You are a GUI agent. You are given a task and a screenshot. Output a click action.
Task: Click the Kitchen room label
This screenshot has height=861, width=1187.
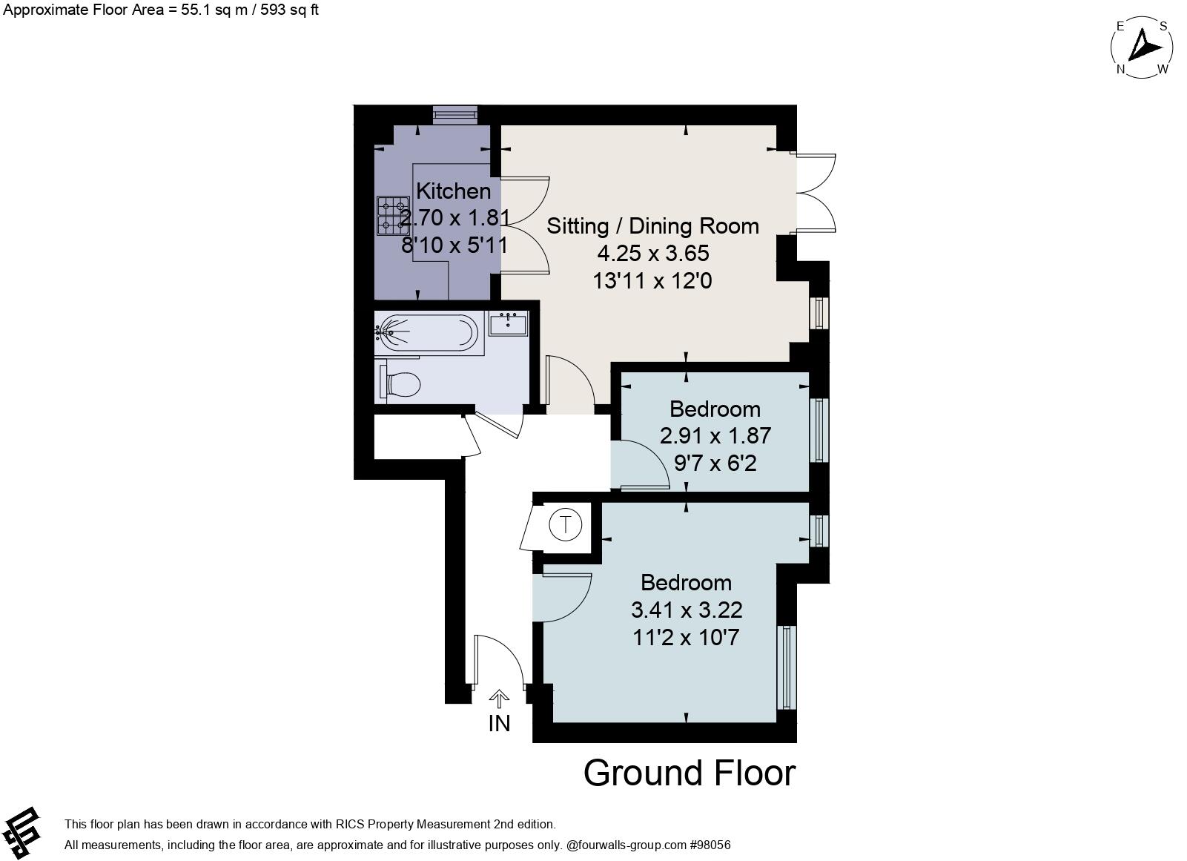pos(453,191)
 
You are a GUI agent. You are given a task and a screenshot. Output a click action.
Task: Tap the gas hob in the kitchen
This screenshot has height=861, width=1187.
pos(393,215)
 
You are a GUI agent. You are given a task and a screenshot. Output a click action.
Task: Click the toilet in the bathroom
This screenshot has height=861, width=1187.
pos(401,384)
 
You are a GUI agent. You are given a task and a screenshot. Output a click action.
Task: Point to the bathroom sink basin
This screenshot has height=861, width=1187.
pos(509,323)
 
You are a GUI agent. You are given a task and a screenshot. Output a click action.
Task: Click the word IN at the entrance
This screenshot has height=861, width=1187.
pos(499,723)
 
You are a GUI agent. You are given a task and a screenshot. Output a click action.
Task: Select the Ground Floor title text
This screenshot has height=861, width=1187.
pos(689,773)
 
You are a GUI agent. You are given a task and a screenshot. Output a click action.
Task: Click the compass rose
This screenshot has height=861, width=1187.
pos(1142,47)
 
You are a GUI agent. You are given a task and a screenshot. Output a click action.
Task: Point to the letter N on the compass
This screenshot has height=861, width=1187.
pos(1121,70)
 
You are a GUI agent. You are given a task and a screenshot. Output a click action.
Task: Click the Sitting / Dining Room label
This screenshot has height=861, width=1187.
pos(652,226)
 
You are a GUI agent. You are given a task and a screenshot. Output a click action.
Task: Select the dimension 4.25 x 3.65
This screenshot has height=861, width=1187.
pos(652,254)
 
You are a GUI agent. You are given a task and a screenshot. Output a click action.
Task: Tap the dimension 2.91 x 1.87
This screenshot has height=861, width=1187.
pos(715,436)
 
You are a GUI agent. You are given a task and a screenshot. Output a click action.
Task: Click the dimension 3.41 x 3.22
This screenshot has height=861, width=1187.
pos(686,610)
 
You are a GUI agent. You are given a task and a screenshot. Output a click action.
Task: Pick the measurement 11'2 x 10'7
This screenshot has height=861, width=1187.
pos(686,638)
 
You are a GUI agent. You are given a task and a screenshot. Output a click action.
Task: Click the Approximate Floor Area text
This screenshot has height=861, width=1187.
pos(159,10)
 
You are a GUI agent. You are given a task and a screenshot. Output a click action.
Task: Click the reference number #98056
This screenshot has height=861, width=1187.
pos(710,845)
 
